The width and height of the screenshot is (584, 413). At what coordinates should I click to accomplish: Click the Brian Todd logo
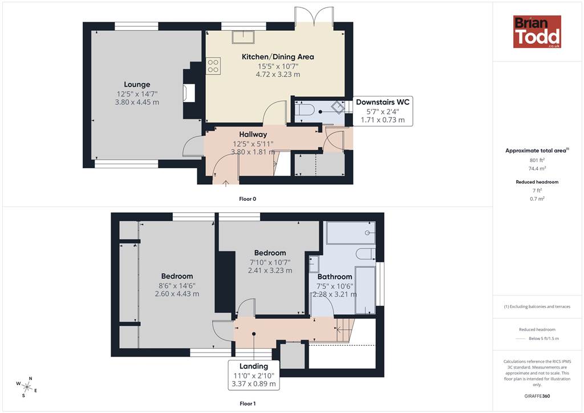537,31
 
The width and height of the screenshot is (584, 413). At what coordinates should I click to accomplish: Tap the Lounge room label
137,84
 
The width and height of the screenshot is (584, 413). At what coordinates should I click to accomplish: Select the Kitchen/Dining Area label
278,57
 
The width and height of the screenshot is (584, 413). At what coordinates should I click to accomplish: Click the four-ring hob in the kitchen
213,66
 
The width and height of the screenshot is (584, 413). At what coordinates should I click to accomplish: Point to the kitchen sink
244,37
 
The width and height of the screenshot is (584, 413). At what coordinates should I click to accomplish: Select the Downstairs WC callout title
383,102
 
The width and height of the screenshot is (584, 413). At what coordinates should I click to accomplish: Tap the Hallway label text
253,135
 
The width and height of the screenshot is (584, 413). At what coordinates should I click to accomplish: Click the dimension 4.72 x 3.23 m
278,75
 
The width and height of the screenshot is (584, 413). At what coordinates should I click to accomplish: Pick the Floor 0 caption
248,199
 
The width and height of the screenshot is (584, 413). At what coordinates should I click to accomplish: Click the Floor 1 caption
248,404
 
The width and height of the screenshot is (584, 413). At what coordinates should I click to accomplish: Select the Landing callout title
254,366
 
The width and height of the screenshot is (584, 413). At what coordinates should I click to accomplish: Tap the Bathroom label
335,277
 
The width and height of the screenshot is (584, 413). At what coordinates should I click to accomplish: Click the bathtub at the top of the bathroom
351,233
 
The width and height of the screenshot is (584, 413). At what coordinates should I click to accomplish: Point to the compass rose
27,387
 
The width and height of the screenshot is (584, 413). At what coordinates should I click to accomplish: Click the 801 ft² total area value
537,160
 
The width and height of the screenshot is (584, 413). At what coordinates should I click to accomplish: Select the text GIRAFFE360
537,396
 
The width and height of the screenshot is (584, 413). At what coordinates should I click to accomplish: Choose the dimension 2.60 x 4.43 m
177,294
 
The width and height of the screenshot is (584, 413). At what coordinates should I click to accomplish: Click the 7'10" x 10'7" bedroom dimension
270,262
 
